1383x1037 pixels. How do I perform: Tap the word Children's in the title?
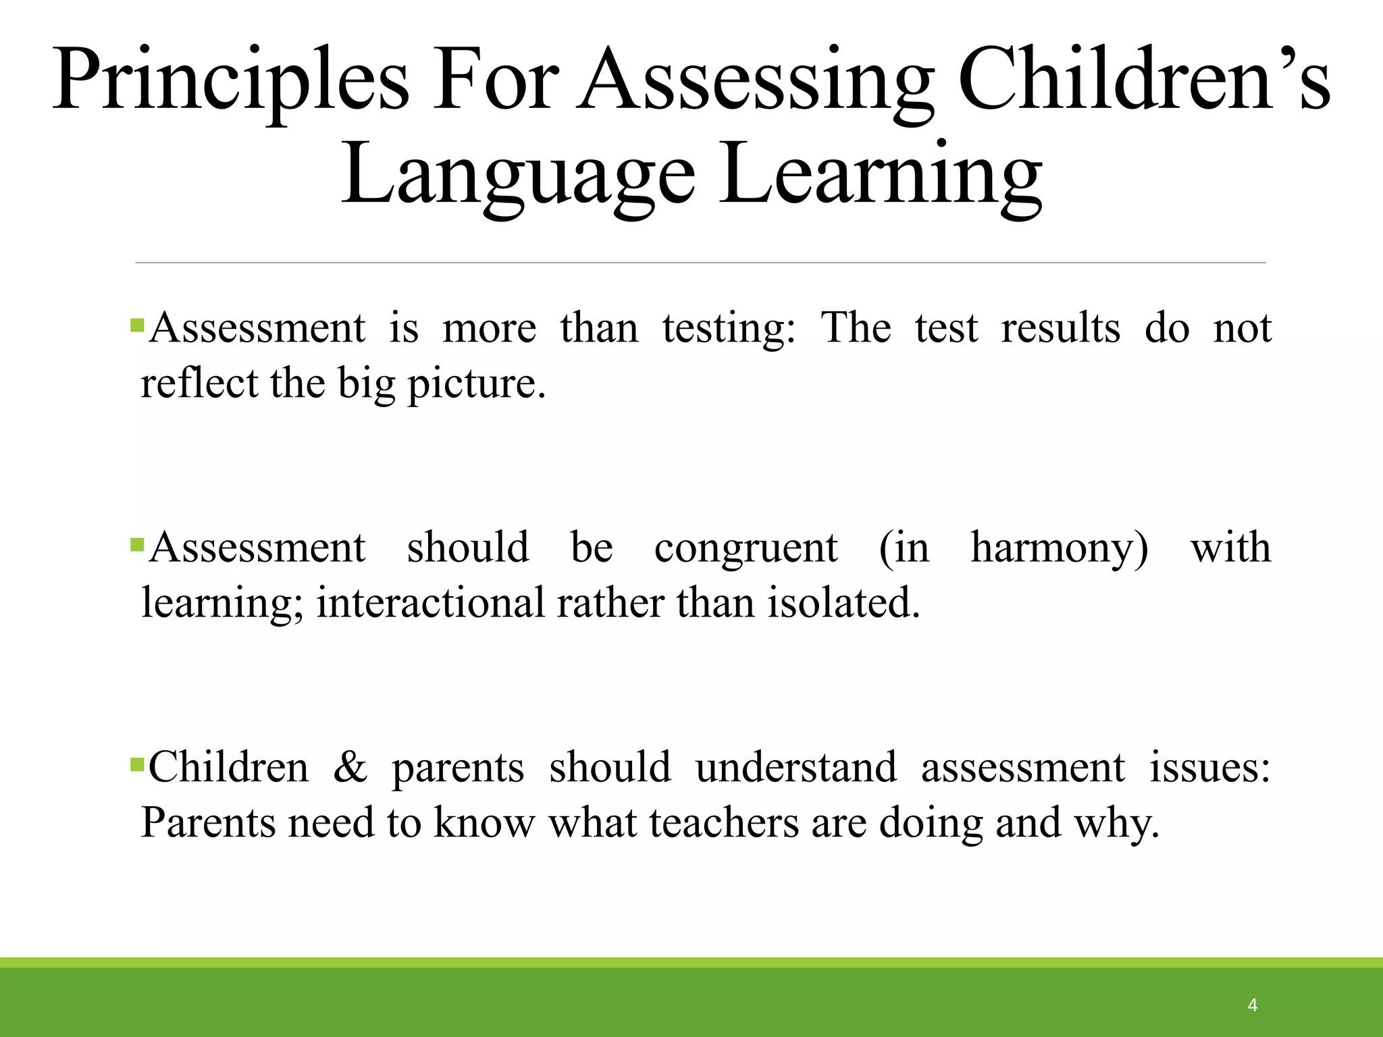(1144, 81)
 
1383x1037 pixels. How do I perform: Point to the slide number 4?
(1252, 1005)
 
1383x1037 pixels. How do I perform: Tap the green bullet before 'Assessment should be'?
(137, 544)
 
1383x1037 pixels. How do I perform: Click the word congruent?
(746, 548)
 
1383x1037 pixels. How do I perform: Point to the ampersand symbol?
(350, 768)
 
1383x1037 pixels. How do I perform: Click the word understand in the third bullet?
(796, 768)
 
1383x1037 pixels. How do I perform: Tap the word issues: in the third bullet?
(1209, 768)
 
